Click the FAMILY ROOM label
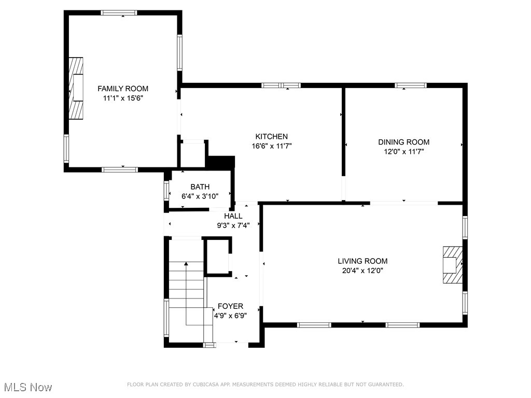(123, 89)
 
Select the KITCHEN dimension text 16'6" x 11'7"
(271, 146)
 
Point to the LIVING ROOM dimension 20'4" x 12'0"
(362, 270)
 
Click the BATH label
(200, 187)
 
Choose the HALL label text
(233, 216)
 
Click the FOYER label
(230, 306)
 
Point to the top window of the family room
(119, 12)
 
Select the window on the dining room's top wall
(411, 85)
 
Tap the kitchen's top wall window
(281, 85)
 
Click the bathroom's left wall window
(166, 190)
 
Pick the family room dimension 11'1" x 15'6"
(123, 98)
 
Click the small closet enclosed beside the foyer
(217, 256)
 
